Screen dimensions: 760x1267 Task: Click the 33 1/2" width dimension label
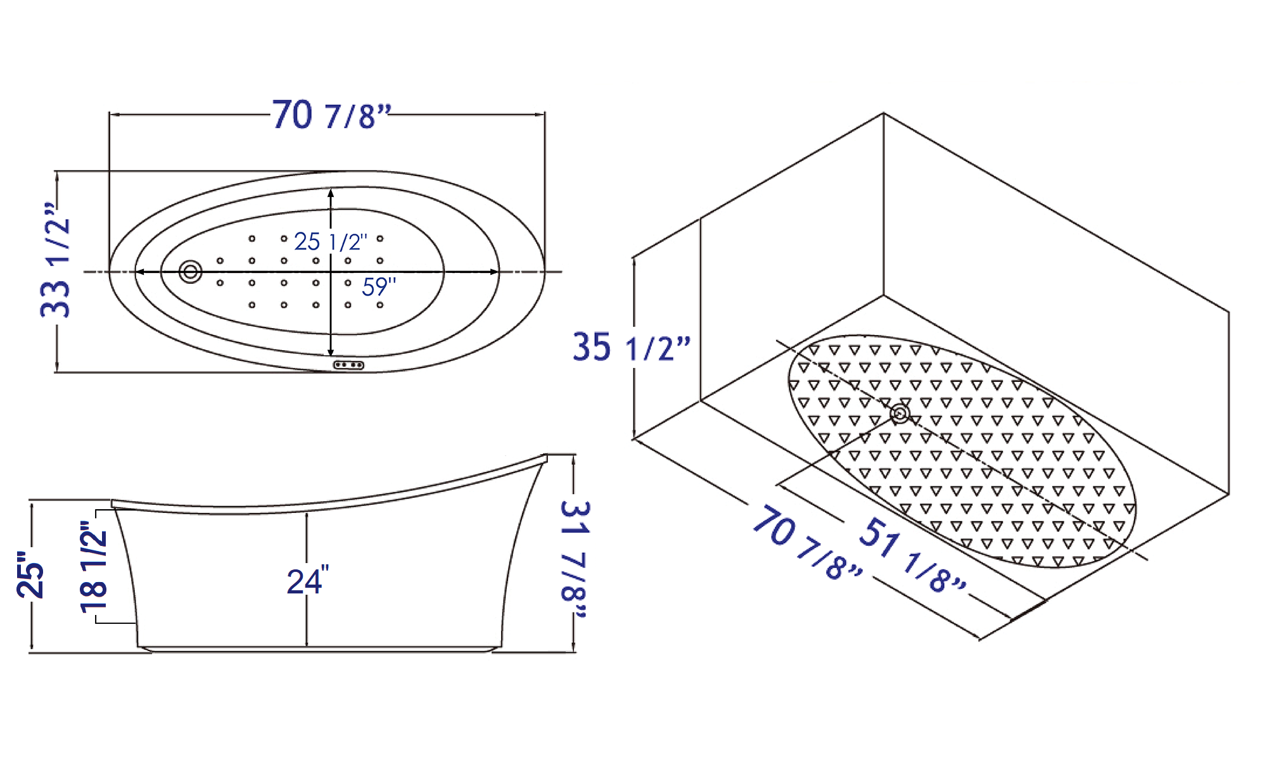55,260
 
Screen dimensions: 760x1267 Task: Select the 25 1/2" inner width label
330,242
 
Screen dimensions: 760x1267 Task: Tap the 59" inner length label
379,287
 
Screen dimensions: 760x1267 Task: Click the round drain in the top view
190,272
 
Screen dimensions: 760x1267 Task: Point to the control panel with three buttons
348,365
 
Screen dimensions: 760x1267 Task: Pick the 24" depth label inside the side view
308,581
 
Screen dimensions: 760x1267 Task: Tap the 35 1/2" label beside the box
630,348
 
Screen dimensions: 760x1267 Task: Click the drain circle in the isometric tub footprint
900,414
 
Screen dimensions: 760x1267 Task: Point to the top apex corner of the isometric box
883,114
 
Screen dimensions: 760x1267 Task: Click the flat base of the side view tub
317,649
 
